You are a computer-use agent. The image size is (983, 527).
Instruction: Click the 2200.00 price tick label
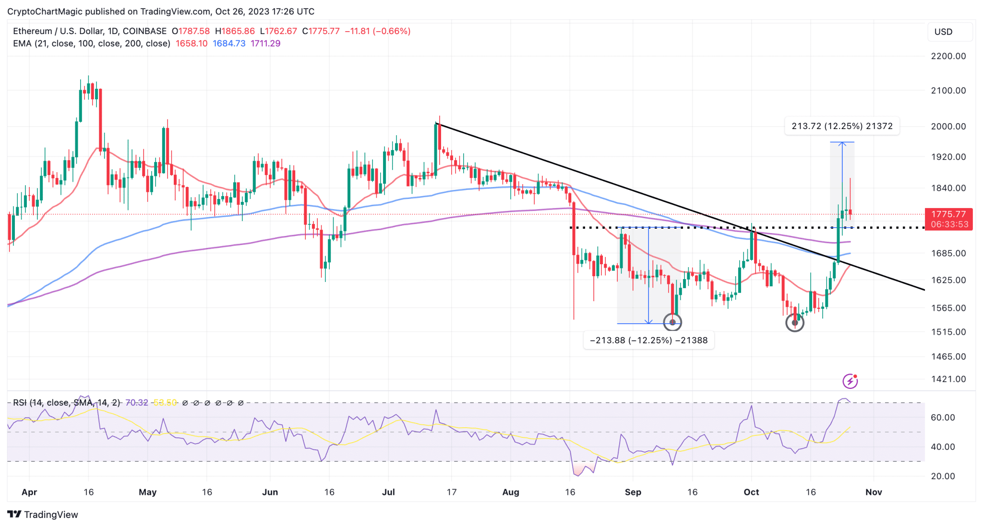coord(948,56)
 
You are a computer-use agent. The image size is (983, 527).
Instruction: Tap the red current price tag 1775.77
coord(948,214)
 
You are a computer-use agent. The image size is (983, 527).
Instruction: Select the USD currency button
coord(943,32)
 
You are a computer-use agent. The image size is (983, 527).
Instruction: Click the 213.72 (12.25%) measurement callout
coord(842,126)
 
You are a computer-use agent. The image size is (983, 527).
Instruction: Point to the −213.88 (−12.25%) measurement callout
coord(648,340)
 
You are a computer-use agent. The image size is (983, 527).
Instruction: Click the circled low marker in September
coord(672,322)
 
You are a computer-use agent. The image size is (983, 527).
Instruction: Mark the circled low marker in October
coord(795,323)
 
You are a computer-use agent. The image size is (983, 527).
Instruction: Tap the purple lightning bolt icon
coord(850,381)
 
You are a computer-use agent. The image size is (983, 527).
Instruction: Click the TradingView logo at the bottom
coord(43,515)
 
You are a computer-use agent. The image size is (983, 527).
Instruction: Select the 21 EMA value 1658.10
coord(192,44)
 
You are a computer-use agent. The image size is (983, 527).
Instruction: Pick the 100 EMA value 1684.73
coord(229,44)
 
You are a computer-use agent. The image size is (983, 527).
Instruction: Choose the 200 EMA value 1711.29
coord(265,44)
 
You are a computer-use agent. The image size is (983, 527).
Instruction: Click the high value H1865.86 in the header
coord(235,31)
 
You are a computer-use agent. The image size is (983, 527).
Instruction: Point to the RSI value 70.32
coord(137,403)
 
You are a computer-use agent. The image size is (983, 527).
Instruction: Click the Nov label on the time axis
coord(874,492)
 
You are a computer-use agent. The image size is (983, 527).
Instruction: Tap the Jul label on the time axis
coord(388,492)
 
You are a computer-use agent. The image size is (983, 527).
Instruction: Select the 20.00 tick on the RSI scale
coord(943,476)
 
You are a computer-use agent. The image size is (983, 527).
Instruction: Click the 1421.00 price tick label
coord(948,379)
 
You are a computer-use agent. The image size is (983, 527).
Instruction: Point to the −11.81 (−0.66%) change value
coord(377,31)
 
